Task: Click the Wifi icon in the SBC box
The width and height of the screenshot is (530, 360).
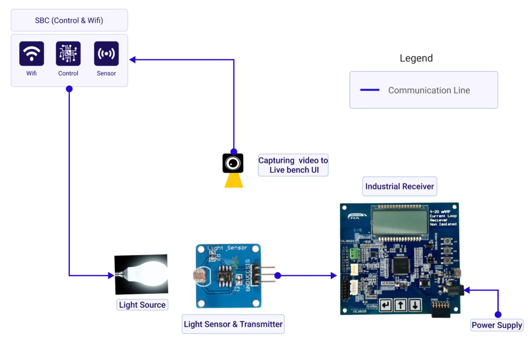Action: coord(32,54)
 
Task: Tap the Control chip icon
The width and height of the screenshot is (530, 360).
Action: coord(68,54)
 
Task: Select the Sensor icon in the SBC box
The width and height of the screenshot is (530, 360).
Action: coord(106,54)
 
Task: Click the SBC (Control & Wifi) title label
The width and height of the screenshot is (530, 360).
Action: coord(69,20)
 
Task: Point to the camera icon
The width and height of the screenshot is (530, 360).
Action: coord(233,163)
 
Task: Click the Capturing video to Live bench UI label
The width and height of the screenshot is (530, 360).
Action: coord(293,166)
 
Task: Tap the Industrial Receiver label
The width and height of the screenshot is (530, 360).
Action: coord(400,186)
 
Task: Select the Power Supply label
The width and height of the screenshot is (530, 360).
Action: coord(497,325)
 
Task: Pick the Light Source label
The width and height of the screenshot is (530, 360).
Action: coord(142,305)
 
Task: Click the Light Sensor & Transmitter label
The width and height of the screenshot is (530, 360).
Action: coord(233,324)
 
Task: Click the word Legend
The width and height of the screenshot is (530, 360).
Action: coord(416,58)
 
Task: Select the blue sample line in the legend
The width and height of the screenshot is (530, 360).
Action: coord(370,90)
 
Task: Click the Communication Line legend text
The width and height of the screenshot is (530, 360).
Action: coord(429,90)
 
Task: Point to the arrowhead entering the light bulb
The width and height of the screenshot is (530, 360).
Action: coord(111,276)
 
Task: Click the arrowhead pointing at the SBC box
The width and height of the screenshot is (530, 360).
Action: coord(132,59)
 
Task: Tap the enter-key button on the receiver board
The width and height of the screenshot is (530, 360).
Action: coord(386,305)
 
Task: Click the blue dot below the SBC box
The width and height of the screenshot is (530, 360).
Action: coord(69,89)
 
